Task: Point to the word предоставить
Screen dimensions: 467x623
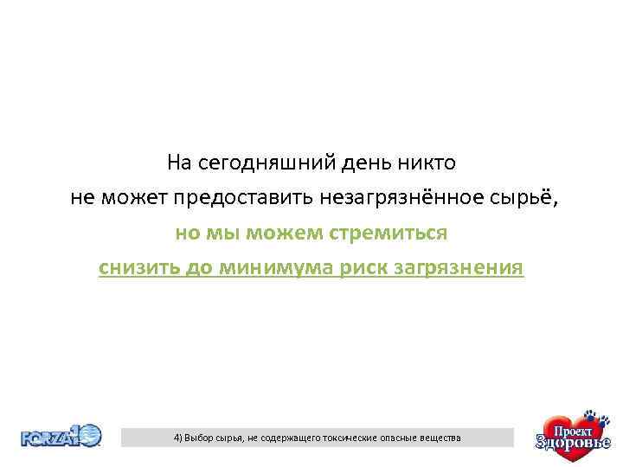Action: tap(244, 198)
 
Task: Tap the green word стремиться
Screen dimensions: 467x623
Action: tap(390, 233)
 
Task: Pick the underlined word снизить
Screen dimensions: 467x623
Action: tap(138, 267)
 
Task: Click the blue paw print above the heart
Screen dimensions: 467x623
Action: tap(592, 416)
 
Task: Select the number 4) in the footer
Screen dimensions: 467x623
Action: tap(178, 438)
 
